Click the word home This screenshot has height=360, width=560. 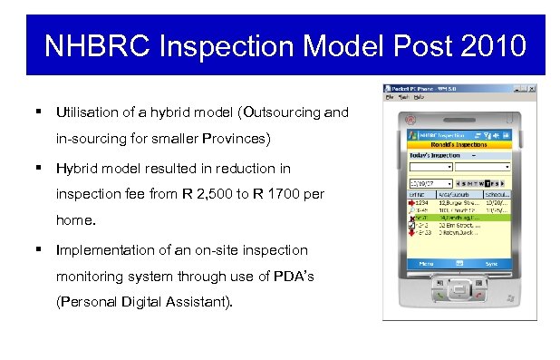75,222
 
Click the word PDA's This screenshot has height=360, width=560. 291,277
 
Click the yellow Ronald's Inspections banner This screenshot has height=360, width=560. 459,144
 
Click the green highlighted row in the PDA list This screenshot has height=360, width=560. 459,218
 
